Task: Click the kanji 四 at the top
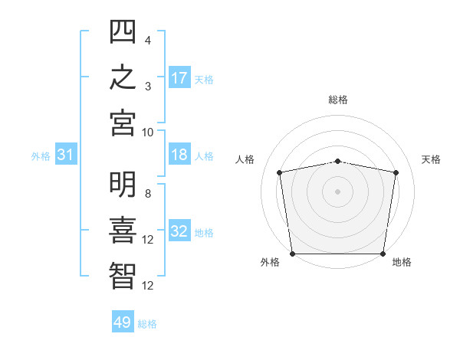click(x=123, y=31)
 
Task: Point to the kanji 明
click(x=123, y=184)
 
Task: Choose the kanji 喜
click(x=123, y=230)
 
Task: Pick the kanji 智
click(x=123, y=276)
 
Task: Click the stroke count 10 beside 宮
click(x=147, y=133)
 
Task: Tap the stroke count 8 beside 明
click(x=148, y=194)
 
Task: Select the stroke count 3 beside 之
click(x=148, y=87)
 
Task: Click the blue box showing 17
click(x=179, y=77)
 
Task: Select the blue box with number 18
click(x=179, y=154)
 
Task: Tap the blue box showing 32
click(x=179, y=230)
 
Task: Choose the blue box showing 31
click(x=66, y=154)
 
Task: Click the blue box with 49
click(x=123, y=321)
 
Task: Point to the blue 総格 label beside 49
click(x=147, y=324)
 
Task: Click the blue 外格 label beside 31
click(x=41, y=156)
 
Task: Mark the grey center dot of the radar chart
click(x=337, y=191)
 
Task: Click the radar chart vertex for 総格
click(x=337, y=162)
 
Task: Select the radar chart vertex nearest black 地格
click(x=383, y=254)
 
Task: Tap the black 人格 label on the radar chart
click(x=245, y=159)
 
